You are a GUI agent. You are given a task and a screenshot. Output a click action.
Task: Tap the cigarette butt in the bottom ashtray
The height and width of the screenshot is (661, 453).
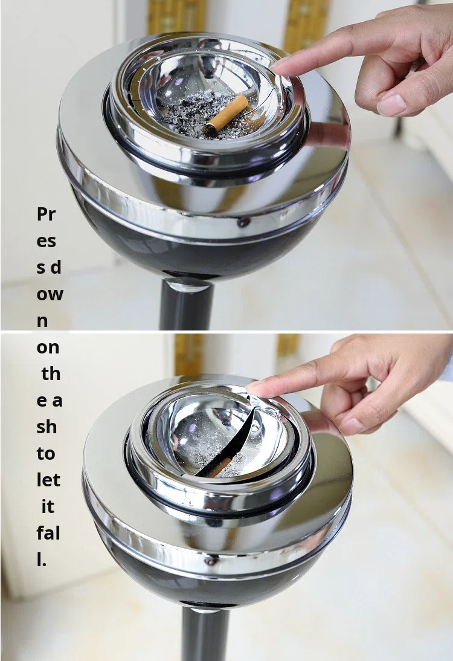(x=220, y=466)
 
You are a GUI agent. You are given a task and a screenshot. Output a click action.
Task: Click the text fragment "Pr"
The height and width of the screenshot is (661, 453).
(x=46, y=214)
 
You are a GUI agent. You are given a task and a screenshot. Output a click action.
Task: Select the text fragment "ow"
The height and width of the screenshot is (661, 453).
(x=50, y=294)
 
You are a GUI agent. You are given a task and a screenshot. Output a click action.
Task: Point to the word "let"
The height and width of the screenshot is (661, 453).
(x=48, y=480)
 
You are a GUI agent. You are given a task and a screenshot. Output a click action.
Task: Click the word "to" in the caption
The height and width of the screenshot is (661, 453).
(x=46, y=454)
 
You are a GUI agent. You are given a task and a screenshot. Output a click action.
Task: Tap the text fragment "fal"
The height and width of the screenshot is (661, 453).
(x=48, y=533)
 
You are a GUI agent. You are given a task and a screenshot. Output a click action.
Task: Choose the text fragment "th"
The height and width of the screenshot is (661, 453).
(x=51, y=373)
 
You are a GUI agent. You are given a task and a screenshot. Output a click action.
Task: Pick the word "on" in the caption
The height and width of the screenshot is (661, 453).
(x=48, y=348)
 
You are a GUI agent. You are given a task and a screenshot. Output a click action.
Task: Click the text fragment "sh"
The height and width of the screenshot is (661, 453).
(x=47, y=427)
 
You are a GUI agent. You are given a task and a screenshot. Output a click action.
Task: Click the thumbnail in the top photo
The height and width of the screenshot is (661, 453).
(x=392, y=105)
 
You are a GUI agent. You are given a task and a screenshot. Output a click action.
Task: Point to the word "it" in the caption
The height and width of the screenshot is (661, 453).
(x=48, y=506)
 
